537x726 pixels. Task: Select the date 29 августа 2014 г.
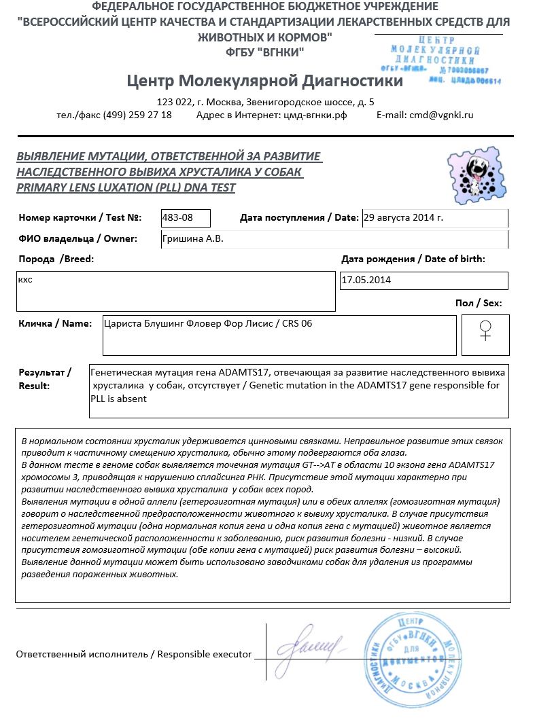pyautogui.click(x=403, y=217)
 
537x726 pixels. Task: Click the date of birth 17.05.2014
pyautogui.click(x=366, y=280)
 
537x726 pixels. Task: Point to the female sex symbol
pyautogui.click(x=485, y=331)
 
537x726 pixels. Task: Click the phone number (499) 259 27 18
pyautogui.click(x=137, y=115)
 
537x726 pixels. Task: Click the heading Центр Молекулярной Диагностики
pyautogui.click(x=264, y=81)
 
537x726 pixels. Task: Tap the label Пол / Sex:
pyautogui.click(x=479, y=303)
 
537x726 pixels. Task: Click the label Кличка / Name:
pyautogui.click(x=55, y=323)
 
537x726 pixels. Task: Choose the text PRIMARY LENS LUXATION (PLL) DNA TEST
pyautogui.click(x=126, y=187)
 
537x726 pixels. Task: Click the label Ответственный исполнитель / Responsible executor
pyautogui.click(x=133, y=655)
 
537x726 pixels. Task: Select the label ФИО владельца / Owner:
pyautogui.click(x=78, y=238)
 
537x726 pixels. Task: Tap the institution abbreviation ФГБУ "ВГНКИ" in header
pyautogui.click(x=264, y=52)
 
